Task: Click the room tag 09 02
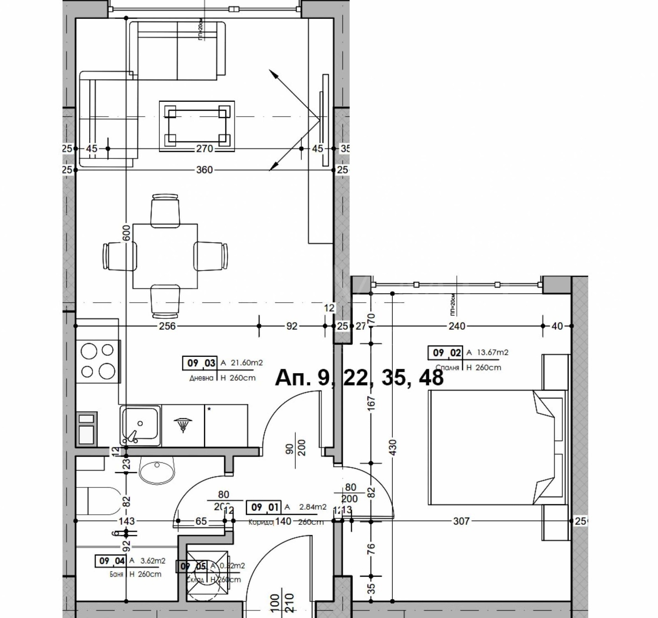(447, 353)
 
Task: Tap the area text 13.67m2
(492, 352)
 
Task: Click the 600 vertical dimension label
(127, 233)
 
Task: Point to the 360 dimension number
(204, 170)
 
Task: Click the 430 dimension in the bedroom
(392, 447)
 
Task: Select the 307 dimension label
(461, 521)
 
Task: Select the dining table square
(165, 256)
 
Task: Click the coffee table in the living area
(197, 126)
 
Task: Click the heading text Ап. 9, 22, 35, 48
(359, 377)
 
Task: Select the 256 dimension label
(167, 326)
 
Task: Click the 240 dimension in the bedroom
(457, 326)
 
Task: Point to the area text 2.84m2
(313, 507)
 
